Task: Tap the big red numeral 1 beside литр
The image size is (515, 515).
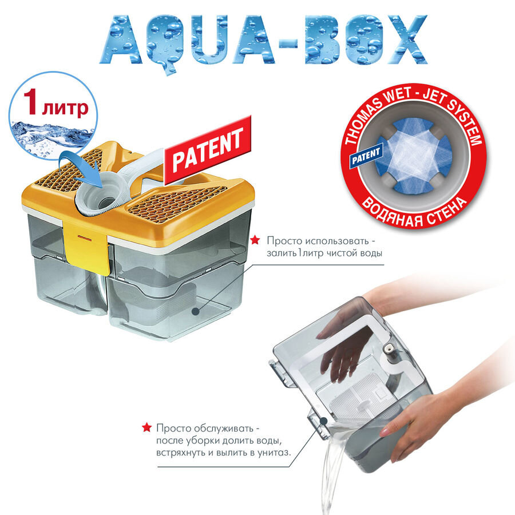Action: [30, 102]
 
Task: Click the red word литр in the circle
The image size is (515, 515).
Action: [65, 108]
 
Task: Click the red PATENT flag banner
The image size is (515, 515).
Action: [208, 149]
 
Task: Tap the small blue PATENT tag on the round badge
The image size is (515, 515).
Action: [366, 156]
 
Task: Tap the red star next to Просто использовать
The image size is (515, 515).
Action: [255, 240]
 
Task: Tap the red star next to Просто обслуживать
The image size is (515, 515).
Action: [146, 427]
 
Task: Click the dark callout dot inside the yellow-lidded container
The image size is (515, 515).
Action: [196, 311]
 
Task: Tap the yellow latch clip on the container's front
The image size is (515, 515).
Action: [88, 245]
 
